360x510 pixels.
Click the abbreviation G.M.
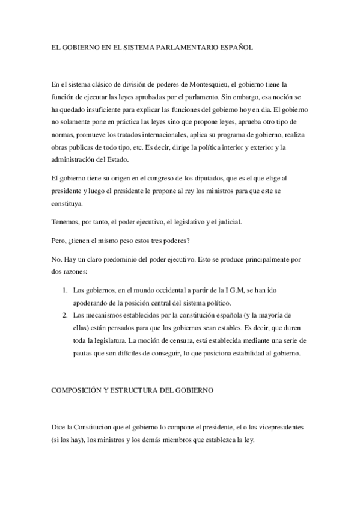tap(233, 290)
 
